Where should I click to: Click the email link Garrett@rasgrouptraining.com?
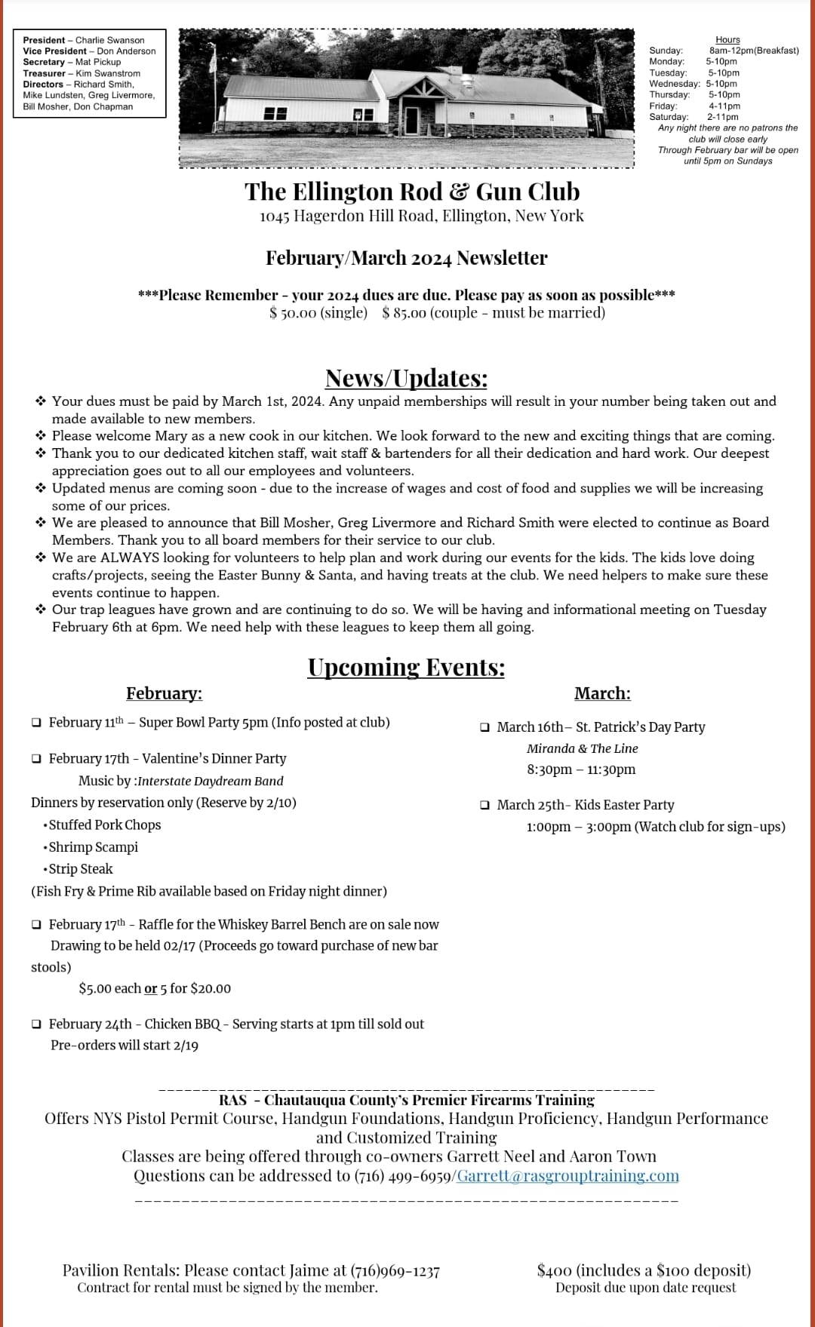(567, 1175)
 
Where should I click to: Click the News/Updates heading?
(406, 377)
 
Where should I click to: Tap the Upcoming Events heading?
(406, 667)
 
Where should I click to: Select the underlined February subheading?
(164, 693)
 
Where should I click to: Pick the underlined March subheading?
(602, 693)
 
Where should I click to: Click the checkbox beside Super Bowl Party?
(37, 723)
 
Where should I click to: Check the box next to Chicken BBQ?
(37, 1024)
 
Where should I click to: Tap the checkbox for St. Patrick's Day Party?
(485, 727)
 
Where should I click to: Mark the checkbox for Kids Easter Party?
(485, 805)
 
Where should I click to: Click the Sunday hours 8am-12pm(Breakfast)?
(753, 51)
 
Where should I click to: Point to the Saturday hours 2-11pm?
(722, 117)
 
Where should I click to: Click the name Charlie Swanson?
(109, 40)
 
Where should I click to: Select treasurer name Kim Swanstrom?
(108, 73)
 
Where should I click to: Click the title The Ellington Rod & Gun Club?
(412, 192)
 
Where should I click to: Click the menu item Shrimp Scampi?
(93, 847)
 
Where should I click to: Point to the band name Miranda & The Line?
(582, 748)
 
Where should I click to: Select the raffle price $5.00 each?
(110, 988)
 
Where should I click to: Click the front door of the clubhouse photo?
(411, 118)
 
